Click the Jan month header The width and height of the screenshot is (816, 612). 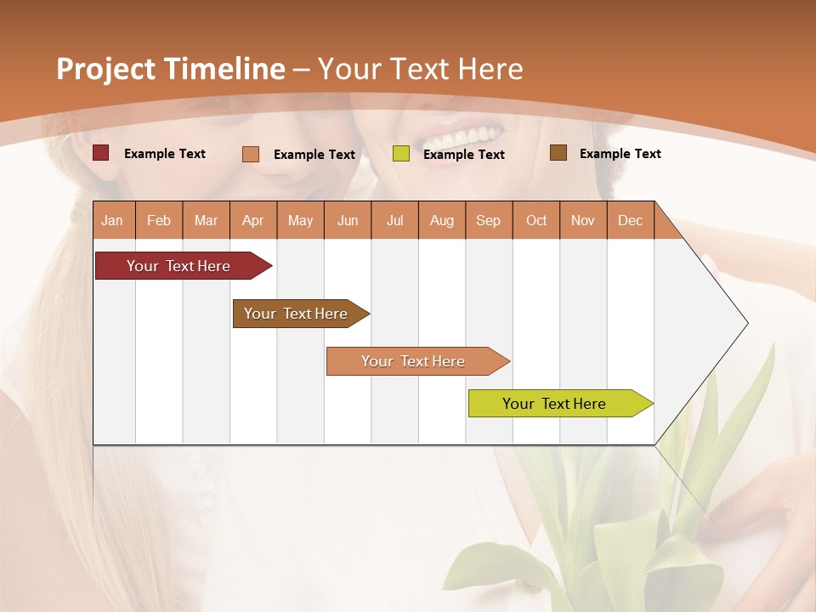click(113, 220)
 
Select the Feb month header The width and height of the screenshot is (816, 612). click(159, 220)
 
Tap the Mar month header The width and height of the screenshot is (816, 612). click(206, 220)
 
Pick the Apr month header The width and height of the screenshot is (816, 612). click(253, 220)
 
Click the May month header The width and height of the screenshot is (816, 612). click(300, 220)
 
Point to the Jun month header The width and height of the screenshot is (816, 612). click(348, 220)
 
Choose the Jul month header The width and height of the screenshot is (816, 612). click(394, 220)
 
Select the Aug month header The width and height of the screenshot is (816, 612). click(442, 220)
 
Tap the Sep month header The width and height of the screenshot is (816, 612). click(489, 220)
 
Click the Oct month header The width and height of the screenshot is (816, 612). click(536, 220)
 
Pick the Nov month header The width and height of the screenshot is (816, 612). click(583, 220)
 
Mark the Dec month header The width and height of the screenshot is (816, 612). click(631, 220)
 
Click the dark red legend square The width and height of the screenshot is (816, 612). click(101, 153)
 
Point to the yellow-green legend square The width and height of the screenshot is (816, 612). click(401, 154)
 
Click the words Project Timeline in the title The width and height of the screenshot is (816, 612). click(171, 69)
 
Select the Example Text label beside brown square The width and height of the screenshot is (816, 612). click(620, 154)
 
